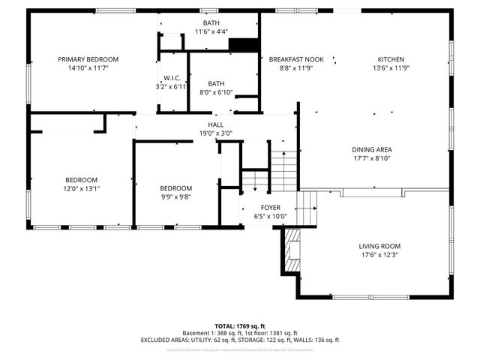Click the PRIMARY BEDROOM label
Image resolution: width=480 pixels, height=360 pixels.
point(89,59)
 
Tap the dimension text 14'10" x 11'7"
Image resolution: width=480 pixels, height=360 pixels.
point(89,68)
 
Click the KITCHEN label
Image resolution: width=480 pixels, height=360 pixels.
point(391,59)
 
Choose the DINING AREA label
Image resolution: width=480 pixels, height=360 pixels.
point(372,149)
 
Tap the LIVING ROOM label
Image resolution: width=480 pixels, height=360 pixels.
point(379,246)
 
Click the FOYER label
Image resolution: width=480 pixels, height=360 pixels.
point(270,208)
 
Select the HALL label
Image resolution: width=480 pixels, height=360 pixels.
point(216,125)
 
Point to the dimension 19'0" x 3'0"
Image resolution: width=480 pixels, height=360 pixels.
point(216,133)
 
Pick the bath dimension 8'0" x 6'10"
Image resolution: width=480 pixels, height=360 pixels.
point(216,92)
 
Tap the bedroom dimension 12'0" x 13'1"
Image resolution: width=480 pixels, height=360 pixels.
point(82,188)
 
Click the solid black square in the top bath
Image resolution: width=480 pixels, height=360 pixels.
point(242,45)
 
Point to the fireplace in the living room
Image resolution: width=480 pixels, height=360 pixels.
point(292,245)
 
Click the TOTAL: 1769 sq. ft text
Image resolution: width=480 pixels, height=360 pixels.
point(240,325)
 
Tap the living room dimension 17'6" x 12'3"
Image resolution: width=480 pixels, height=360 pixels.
point(379,255)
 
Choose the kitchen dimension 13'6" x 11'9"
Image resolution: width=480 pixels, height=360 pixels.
point(391,68)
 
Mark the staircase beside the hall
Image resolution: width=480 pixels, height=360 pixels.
point(283,171)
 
